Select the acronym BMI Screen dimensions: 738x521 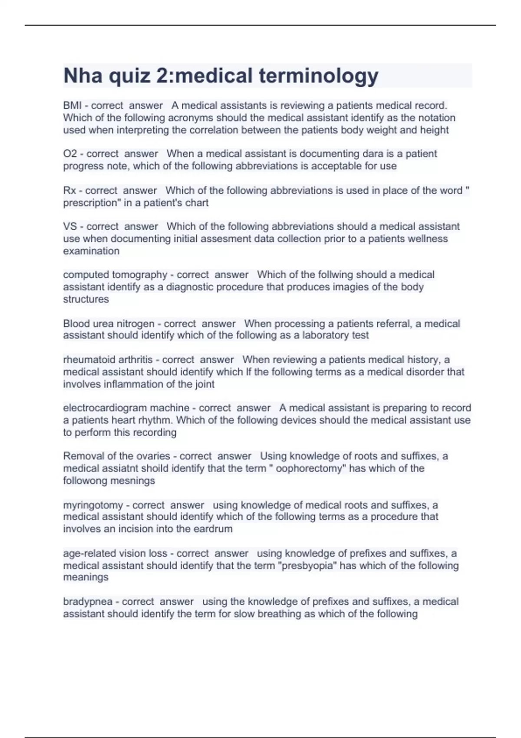pyautogui.click(x=72, y=105)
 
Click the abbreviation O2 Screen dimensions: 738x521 pyautogui.click(x=70, y=154)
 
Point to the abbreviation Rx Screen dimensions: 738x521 pyautogui.click(x=69, y=191)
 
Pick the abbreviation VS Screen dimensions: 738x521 pyautogui.click(x=70, y=227)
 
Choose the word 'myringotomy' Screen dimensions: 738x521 pyautogui.click(x=93, y=505)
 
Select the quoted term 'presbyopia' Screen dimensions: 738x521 pyautogui.click(x=307, y=566)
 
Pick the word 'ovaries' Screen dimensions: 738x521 pyautogui.click(x=154, y=456)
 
